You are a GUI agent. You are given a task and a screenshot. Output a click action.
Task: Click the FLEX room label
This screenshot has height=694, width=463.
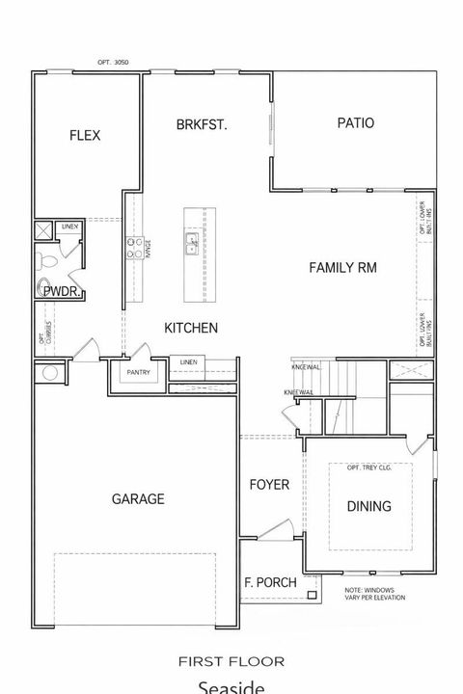point(84,135)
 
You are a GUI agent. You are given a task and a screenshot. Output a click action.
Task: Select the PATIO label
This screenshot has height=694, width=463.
point(355,122)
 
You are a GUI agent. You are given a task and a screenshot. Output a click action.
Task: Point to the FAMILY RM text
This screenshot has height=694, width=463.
point(342,267)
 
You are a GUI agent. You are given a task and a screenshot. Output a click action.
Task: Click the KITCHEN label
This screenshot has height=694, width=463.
point(190,328)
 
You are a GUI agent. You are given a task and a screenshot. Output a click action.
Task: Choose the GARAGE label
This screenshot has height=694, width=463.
point(137,498)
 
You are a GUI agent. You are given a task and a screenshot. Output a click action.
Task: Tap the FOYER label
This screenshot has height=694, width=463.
point(269,484)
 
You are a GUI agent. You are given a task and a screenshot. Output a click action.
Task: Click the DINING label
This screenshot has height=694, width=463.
point(368,506)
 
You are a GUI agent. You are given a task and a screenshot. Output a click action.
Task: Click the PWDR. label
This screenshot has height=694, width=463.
point(61,294)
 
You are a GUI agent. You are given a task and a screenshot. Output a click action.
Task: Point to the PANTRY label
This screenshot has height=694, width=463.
point(139,372)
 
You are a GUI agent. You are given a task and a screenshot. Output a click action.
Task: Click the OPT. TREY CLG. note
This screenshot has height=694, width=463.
point(369,467)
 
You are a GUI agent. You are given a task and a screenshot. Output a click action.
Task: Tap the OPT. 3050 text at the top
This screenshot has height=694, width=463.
point(112,62)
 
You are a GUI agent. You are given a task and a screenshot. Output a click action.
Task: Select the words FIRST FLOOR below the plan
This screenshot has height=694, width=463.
point(231,661)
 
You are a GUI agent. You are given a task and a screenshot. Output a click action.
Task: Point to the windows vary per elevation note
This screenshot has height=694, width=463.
point(375,594)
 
